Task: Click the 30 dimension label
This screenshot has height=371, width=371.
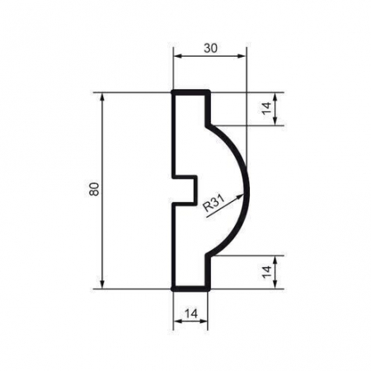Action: [x=210, y=48]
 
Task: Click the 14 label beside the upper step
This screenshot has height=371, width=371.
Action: [x=267, y=108]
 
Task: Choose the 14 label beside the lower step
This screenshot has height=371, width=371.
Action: [x=267, y=271]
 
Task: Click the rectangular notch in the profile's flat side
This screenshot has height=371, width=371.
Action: [x=185, y=190]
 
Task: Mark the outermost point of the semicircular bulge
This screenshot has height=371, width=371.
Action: [x=247, y=190]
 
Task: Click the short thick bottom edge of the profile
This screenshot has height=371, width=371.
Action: [x=189, y=289]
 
